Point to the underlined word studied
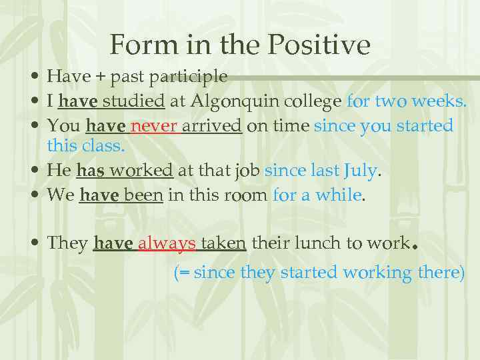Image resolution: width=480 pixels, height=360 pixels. pyautogui.click(x=137, y=101)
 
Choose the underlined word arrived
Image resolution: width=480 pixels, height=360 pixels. pyautogui.click(x=211, y=126)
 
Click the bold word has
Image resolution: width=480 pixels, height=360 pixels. pyautogui.click(x=90, y=171)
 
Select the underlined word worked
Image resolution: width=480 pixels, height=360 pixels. pyautogui.click(x=141, y=171)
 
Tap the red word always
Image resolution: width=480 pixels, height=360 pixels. pyautogui.click(x=167, y=244)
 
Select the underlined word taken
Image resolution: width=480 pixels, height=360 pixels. pyautogui.click(x=223, y=244)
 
